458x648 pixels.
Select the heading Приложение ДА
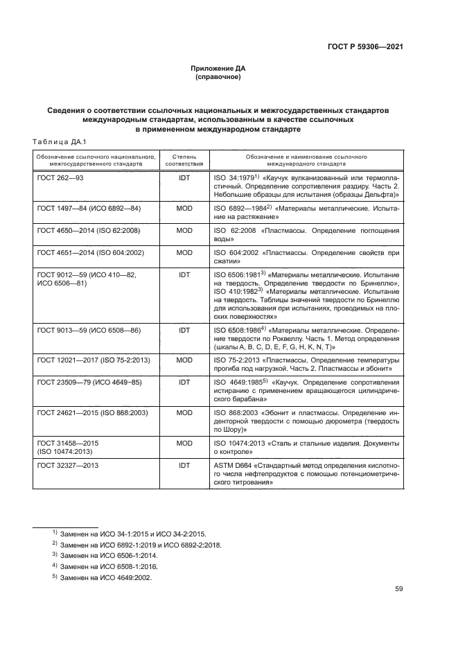(218, 69)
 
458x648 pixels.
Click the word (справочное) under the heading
(218, 77)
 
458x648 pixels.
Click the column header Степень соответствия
(184, 161)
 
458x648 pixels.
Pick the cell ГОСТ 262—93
(60, 178)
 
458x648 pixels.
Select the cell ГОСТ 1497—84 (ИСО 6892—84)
(88, 208)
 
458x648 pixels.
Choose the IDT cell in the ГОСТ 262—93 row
(184, 178)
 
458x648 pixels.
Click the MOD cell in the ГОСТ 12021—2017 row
(184, 360)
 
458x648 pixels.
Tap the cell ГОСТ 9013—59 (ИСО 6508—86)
(87, 331)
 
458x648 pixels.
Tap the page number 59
(398, 589)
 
